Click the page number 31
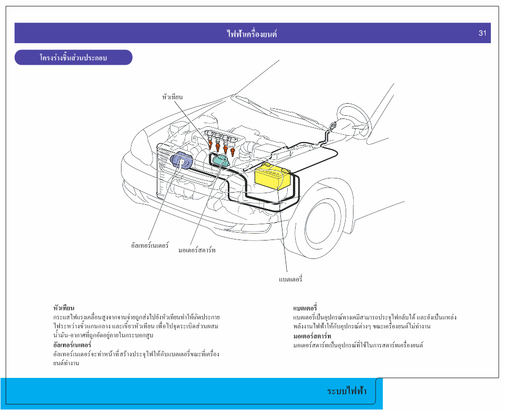(x=482, y=33)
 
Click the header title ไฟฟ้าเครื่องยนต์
(x=252, y=34)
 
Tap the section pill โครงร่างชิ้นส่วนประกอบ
(x=73, y=57)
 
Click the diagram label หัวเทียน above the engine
(x=173, y=97)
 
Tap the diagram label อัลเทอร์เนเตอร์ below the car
(x=150, y=245)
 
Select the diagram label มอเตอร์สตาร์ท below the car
(x=197, y=250)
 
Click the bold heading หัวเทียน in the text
(x=64, y=307)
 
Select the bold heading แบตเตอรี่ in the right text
(x=305, y=307)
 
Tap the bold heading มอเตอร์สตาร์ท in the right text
(x=312, y=336)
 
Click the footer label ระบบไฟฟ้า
(x=347, y=391)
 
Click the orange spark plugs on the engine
(x=221, y=143)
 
